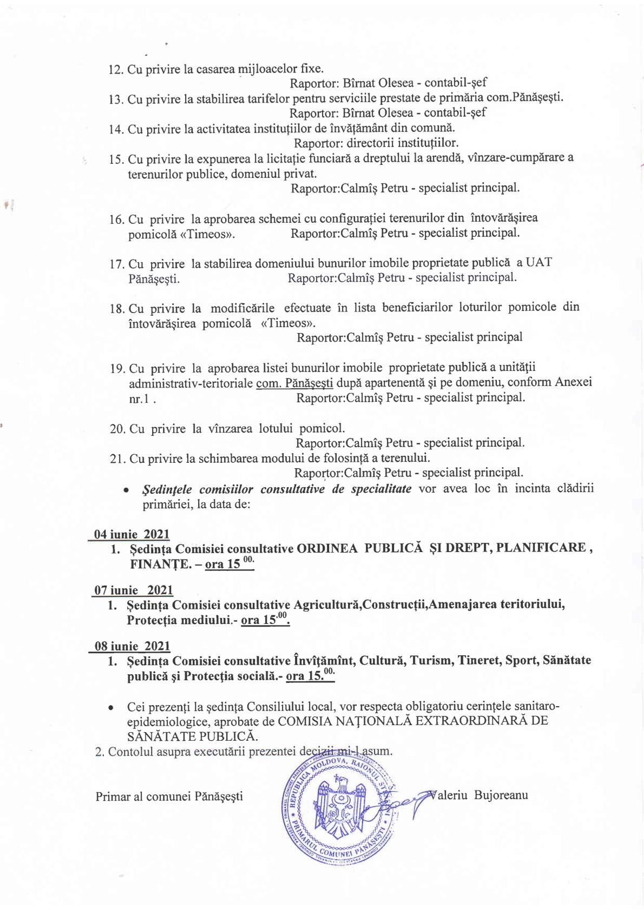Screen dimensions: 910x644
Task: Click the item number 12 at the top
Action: tap(116, 70)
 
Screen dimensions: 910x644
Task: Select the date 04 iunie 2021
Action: tap(132, 534)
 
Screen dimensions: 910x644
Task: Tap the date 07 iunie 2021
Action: tap(134, 590)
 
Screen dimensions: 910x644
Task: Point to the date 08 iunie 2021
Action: tap(132, 646)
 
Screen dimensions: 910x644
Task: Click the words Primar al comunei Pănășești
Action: tap(169, 796)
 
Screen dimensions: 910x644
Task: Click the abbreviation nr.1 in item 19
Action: tap(139, 399)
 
